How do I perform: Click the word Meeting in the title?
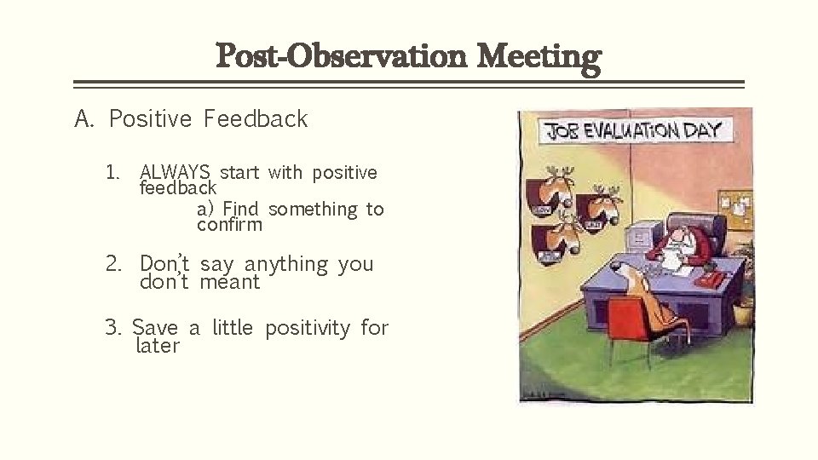539,57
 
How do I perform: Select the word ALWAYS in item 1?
175,172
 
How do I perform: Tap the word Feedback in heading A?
255,119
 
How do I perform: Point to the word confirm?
229,226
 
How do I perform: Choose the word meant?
229,282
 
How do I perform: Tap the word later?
158,346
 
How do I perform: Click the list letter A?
84,119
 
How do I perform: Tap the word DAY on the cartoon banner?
705,130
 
